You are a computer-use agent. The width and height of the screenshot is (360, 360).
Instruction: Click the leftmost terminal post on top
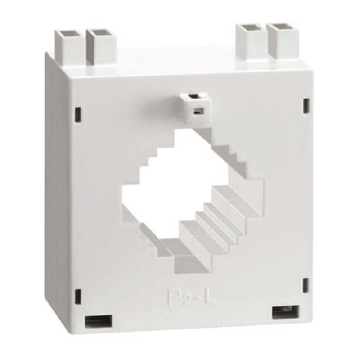click(x=69, y=45)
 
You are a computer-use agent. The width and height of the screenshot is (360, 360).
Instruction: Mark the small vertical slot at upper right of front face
click(x=306, y=105)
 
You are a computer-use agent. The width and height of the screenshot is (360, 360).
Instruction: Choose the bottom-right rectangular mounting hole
click(x=285, y=311)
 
